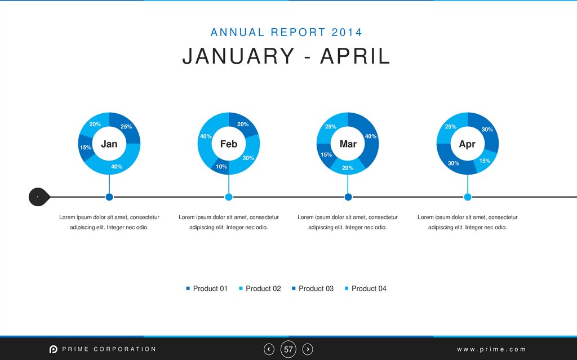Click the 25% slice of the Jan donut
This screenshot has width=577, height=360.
click(x=126, y=127)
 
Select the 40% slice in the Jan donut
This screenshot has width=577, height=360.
click(x=117, y=166)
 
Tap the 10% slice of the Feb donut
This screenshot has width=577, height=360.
click(x=221, y=167)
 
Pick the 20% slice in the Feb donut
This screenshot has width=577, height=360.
click(x=243, y=125)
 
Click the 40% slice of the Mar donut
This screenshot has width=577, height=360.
click(x=370, y=136)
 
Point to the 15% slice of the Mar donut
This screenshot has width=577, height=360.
click(x=326, y=154)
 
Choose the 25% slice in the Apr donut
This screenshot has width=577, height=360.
click(x=451, y=127)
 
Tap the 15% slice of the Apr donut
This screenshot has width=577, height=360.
click(x=485, y=161)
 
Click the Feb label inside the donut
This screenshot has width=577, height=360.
click(x=229, y=144)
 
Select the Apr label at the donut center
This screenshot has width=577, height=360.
click(x=467, y=144)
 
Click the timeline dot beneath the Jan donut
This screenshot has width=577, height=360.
click(x=109, y=197)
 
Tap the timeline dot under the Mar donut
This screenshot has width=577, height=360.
click(x=348, y=197)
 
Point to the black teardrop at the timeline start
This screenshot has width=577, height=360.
click(x=38, y=197)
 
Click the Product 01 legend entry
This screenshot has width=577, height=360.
click(x=207, y=288)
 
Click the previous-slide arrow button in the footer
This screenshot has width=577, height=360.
click(x=269, y=349)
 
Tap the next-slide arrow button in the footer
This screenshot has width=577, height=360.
click(x=308, y=349)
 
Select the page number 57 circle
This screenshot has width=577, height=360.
click(x=288, y=349)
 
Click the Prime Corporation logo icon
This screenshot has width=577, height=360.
click(x=53, y=349)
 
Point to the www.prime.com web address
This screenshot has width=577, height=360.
click(x=491, y=349)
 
